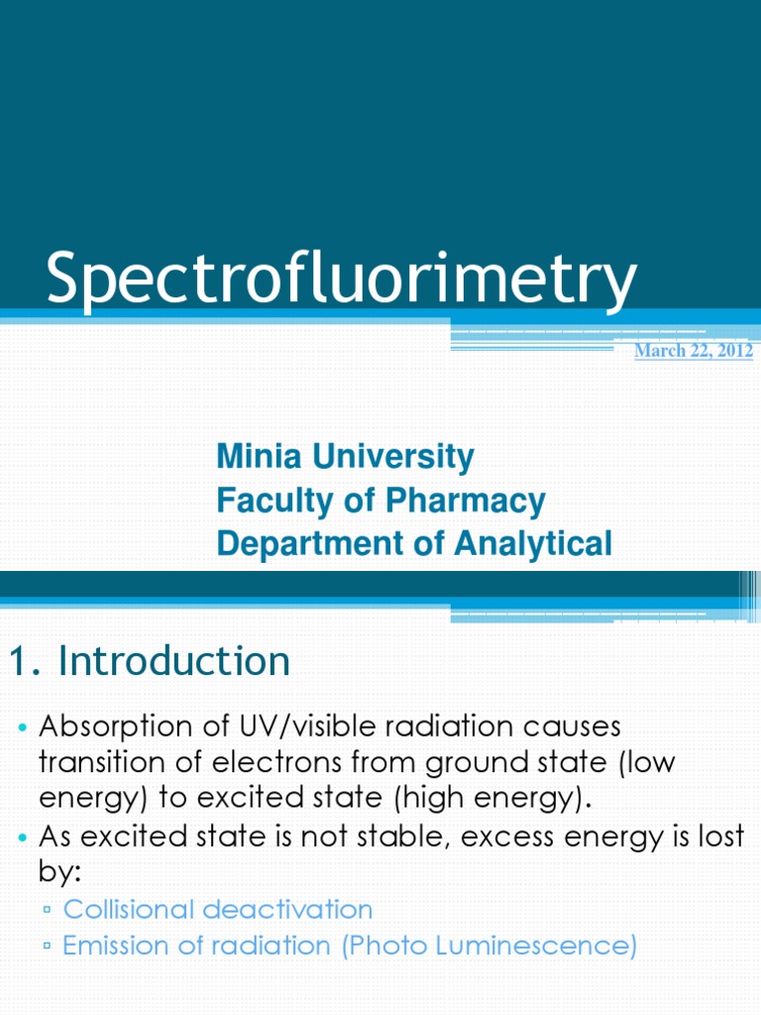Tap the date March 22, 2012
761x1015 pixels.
tap(694, 351)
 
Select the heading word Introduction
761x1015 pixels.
tap(174, 661)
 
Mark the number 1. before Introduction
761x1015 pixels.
tap(25, 661)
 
